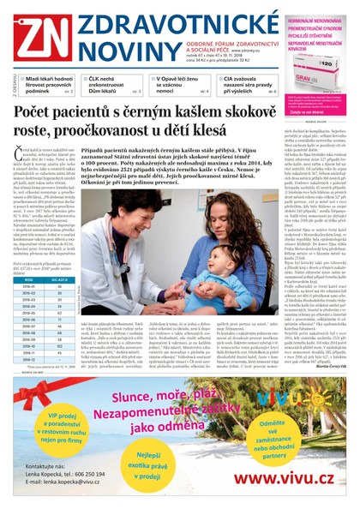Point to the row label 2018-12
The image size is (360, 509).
point(30,358)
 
